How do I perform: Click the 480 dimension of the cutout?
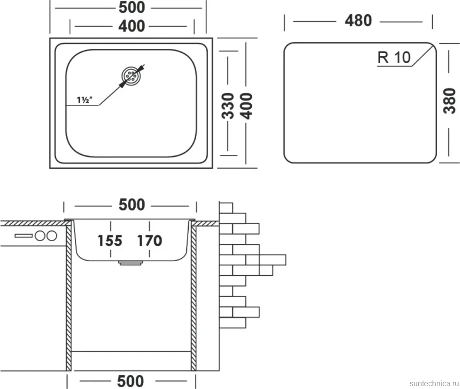(358, 21)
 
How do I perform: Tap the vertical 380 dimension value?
(450, 101)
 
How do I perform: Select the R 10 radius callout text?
(394, 57)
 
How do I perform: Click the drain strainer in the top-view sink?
(131, 76)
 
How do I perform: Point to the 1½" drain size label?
(85, 100)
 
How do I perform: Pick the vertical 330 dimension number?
(228, 106)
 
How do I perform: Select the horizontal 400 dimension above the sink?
(132, 26)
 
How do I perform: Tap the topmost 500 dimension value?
(132, 7)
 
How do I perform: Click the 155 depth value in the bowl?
(110, 241)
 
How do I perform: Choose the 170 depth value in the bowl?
(149, 241)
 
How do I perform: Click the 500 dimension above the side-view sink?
(132, 205)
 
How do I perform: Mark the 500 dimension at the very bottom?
(130, 381)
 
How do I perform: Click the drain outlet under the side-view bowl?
(130, 263)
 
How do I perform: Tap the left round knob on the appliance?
(40, 235)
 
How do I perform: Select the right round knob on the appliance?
(52, 235)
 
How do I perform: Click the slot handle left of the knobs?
(24, 235)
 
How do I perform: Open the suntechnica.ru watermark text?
(433, 383)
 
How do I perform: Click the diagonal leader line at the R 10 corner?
(423, 55)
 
